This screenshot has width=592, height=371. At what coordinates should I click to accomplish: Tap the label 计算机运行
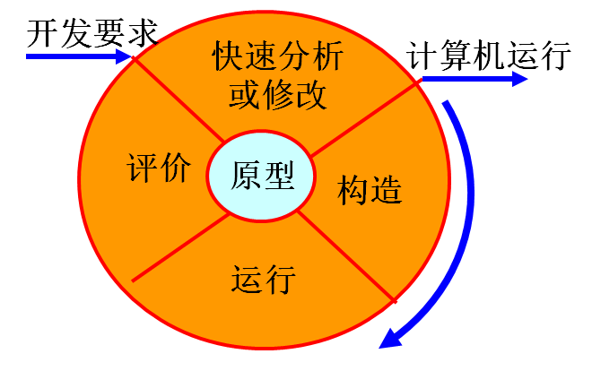[490, 55]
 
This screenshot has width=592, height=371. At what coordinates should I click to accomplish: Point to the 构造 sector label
[369, 188]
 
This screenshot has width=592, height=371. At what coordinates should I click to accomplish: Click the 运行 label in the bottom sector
[264, 280]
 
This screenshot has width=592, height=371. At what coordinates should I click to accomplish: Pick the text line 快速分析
[278, 56]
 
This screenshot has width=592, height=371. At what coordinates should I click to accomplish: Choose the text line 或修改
[277, 93]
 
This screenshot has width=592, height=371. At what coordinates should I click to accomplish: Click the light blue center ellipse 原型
[262, 175]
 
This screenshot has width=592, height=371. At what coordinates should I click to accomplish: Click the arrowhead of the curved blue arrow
[390, 338]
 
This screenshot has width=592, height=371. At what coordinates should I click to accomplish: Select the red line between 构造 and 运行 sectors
[346, 255]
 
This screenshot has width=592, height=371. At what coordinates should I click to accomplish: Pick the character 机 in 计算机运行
[490, 55]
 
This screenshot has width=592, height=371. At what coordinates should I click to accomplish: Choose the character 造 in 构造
[386, 188]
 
